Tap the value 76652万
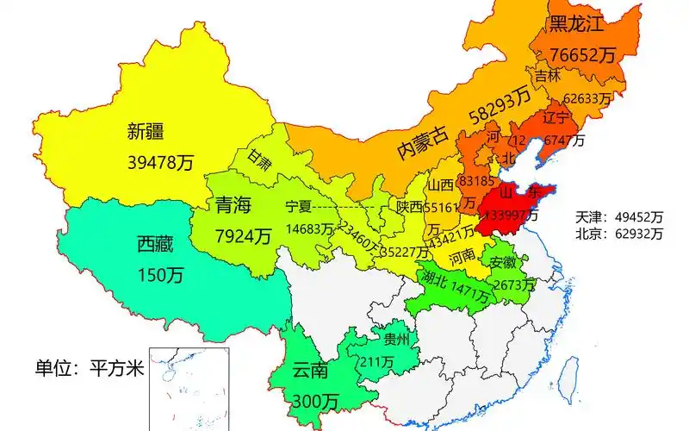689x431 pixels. (x=585, y=54)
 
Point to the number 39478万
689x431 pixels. (x=160, y=163)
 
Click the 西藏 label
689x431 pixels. (x=155, y=245)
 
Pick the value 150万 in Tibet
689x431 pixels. (x=160, y=275)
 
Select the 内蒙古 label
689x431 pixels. (x=423, y=141)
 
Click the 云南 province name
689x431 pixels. (x=310, y=372)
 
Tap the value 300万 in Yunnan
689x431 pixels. (x=314, y=401)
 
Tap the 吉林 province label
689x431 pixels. (x=547, y=76)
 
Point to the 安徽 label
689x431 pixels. (x=504, y=262)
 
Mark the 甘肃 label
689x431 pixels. (x=258, y=158)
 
